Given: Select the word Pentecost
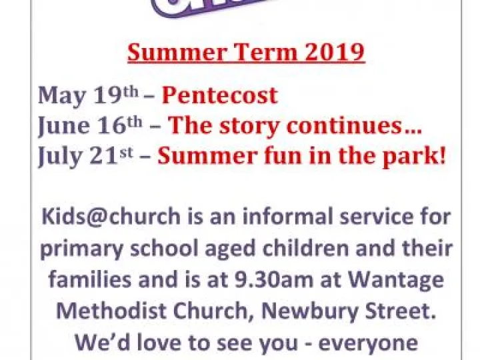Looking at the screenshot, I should coord(219,95).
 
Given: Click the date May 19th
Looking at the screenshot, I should coord(87,95).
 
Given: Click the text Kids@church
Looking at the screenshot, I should coord(111,217).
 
